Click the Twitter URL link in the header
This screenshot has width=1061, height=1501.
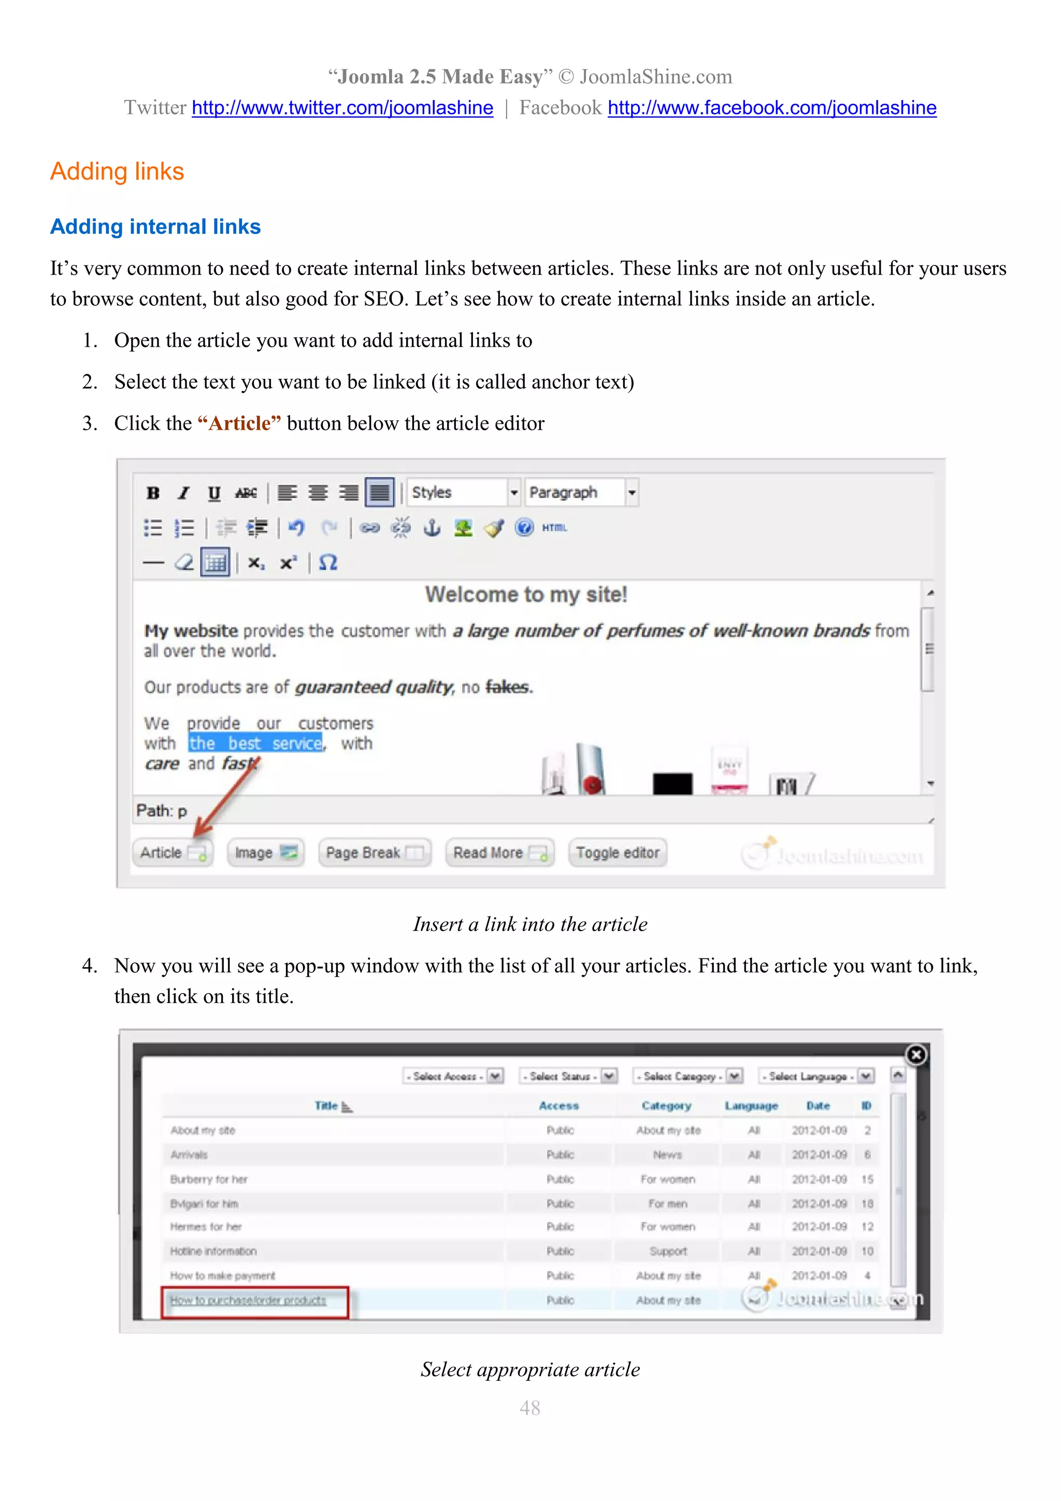pos(342,108)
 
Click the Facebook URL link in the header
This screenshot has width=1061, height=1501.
pos(771,108)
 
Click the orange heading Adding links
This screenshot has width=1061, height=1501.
pos(117,171)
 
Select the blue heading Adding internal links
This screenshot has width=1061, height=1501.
pos(155,227)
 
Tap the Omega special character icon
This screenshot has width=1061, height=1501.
pos(328,563)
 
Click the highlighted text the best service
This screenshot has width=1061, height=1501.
pos(255,743)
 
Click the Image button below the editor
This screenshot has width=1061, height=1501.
pos(265,853)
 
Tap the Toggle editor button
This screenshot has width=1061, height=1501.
pos(618,853)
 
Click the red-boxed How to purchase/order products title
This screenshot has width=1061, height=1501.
pos(248,1300)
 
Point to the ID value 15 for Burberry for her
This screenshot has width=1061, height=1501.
pos(867,1179)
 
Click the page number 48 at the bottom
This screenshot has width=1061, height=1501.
pos(530,1408)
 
